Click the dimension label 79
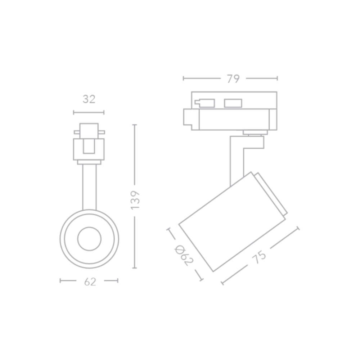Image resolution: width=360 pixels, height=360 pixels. pos(233,79)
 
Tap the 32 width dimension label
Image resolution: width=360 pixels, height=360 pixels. pos(89,99)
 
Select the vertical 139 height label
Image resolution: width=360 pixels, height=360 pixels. pos(135,200)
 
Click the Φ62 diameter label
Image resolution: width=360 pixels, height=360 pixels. pos(184,255)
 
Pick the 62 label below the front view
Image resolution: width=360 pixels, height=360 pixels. pos(90,282)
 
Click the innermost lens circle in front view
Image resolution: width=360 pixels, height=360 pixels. pos(89,239)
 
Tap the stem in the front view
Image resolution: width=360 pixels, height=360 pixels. pos(90,187)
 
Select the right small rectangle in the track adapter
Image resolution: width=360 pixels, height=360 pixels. pos(233,103)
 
